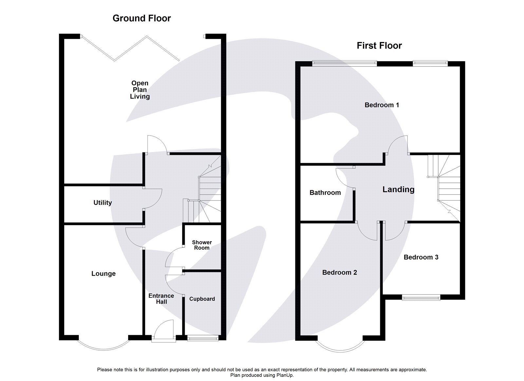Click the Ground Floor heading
[x=141, y=18]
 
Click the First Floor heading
[x=379, y=46]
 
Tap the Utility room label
[x=103, y=203]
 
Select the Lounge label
[x=103, y=274]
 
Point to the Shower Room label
[x=202, y=245]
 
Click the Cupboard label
[x=202, y=299]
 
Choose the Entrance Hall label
[x=161, y=299]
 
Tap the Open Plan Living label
[x=140, y=90]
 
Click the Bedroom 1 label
[x=382, y=105]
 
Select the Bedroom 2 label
[x=339, y=273]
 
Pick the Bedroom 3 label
[x=421, y=257]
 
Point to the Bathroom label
[x=325, y=193]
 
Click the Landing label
[x=398, y=189]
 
